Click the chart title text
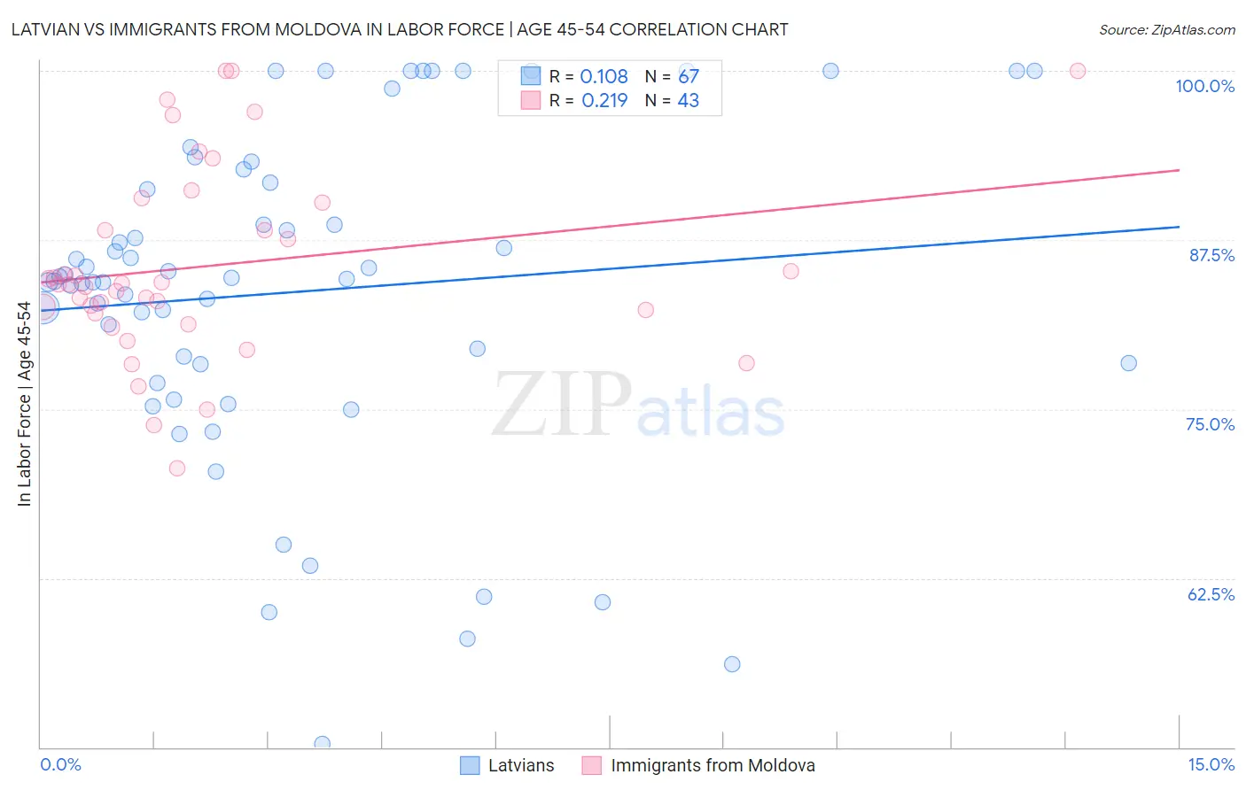tap(399, 29)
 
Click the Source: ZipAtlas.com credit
tap(1166, 29)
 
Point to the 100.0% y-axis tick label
tap(1204, 86)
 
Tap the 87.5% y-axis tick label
tap(1211, 255)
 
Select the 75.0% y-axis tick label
tap(1210, 424)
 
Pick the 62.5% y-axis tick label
tap(1211, 594)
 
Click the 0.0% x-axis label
tap(60, 764)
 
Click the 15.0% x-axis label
tap(1211, 764)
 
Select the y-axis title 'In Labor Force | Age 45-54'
tap(24, 404)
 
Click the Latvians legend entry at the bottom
tap(520, 765)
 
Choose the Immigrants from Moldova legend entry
tap(712, 765)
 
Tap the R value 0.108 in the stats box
tap(604, 77)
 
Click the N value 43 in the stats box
tap(688, 101)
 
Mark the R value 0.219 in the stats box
tap(604, 101)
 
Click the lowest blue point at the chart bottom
tap(322, 744)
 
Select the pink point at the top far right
tap(1078, 71)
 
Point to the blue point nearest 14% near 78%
tap(1128, 363)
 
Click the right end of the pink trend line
tap(1179, 169)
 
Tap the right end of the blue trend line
tap(1179, 227)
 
